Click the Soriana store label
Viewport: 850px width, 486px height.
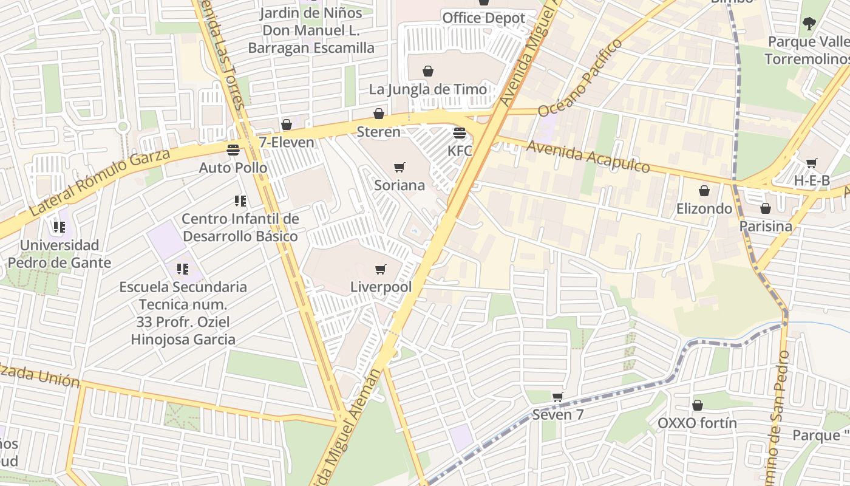[x=399, y=185]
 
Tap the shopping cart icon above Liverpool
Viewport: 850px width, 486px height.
[x=381, y=269]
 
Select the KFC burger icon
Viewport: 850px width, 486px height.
[x=460, y=133]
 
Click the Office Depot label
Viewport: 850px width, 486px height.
[x=483, y=18]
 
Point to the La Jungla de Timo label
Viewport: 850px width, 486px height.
[x=428, y=89]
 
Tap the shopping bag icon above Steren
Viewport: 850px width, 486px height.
[x=379, y=114]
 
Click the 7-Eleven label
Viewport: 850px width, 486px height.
[x=287, y=142]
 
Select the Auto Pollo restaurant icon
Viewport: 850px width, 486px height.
[x=233, y=149]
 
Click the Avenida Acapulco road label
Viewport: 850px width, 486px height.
[x=588, y=157]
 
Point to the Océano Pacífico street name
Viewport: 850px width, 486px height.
[x=580, y=77]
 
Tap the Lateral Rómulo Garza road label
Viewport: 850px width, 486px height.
[x=100, y=182]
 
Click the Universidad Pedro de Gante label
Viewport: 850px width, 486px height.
[x=59, y=254]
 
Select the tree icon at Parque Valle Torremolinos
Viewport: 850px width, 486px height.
[x=809, y=24]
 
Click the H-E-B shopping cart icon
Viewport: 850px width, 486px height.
[x=811, y=163]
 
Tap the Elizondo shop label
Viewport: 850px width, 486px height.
[x=704, y=208]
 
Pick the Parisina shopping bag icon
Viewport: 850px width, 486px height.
[x=766, y=208]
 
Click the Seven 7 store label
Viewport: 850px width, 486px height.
[x=557, y=415]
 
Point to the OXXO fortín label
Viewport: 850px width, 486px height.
[x=697, y=423]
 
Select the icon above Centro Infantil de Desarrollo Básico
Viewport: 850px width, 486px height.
[x=240, y=200]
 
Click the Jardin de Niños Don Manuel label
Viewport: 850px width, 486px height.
[x=311, y=30]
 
